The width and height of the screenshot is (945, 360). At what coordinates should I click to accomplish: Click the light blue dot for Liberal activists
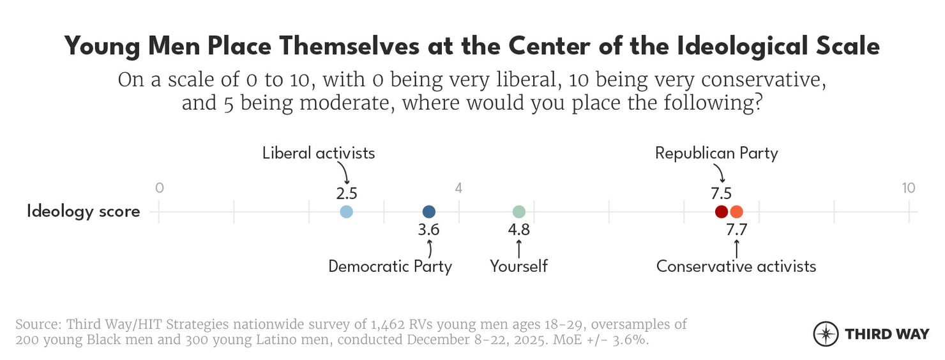[346, 212]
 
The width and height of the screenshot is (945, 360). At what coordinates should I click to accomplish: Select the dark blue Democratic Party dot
[429, 212]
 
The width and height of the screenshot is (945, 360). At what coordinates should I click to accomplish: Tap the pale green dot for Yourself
[519, 212]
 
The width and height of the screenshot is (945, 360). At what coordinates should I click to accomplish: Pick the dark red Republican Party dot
[721, 212]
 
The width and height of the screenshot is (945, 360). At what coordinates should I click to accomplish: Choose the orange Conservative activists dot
[737, 212]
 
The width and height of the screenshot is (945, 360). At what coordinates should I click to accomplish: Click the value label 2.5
[346, 193]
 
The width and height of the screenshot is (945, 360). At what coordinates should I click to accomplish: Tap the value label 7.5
[722, 193]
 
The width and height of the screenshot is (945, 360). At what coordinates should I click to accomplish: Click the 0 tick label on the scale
[160, 188]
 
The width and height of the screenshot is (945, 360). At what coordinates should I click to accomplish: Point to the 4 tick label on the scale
[458, 188]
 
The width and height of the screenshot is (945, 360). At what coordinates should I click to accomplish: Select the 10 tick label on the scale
[908, 188]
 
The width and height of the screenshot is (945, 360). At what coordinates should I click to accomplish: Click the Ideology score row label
[83, 212]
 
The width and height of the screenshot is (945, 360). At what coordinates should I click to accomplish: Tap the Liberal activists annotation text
[319, 153]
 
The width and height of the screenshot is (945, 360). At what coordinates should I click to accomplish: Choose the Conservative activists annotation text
[736, 266]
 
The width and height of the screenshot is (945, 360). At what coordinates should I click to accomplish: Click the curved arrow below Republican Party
[719, 173]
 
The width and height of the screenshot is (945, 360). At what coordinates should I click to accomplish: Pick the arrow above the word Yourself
[518, 248]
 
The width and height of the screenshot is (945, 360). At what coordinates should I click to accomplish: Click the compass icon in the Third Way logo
[826, 334]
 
